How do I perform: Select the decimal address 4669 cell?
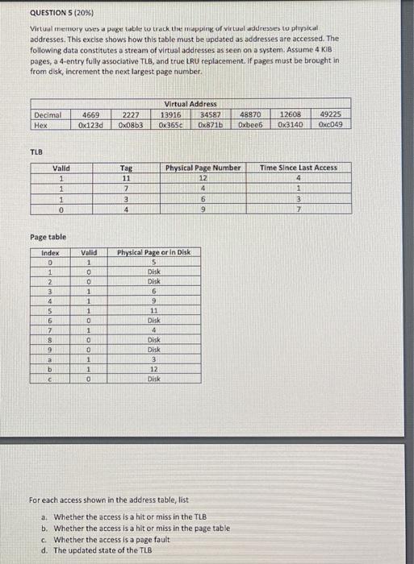(91, 116)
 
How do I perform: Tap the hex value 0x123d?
(91, 125)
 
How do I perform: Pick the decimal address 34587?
(211, 116)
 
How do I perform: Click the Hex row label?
(42, 125)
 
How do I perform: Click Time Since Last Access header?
(299, 168)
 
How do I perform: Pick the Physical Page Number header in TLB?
(203, 168)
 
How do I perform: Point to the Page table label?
(48, 237)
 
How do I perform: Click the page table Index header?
(50, 252)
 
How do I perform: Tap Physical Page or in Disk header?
(154, 252)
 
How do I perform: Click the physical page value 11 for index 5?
(153, 309)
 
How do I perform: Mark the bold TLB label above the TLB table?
(36, 152)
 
